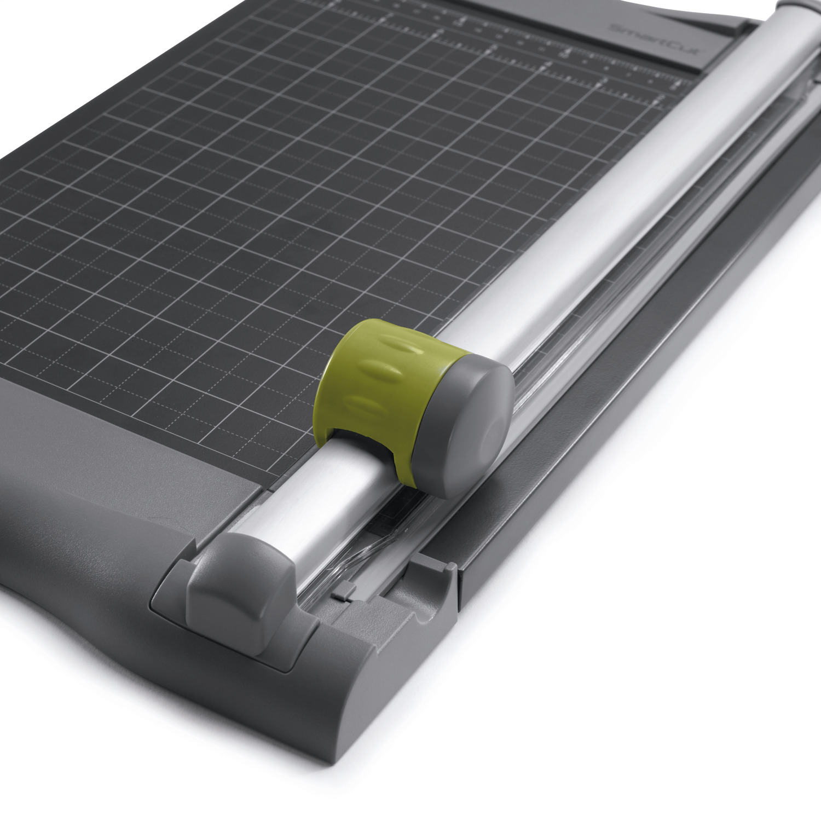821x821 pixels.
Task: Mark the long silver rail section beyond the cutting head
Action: [x=629, y=192]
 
